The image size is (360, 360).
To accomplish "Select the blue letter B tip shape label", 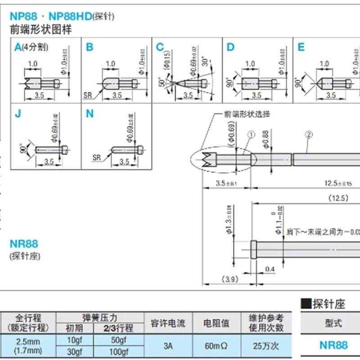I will (89, 47).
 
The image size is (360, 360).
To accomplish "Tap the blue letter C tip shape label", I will (160, 47).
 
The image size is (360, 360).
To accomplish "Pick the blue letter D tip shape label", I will (230, 47).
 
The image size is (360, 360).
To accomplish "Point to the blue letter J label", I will (18, 114).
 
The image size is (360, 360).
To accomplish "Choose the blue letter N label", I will (90, 114).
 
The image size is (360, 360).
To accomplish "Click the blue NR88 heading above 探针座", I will (24, 244).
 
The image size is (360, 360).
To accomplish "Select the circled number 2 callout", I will (308, 134).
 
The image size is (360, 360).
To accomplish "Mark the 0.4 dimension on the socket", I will (270, 269).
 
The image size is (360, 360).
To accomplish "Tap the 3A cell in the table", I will (167, 346).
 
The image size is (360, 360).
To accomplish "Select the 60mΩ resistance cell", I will (216, 346).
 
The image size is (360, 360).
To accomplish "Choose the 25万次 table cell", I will (263, 346).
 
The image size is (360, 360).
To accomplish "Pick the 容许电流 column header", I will (167, 323).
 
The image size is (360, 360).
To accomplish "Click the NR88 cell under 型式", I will (333, 345).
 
